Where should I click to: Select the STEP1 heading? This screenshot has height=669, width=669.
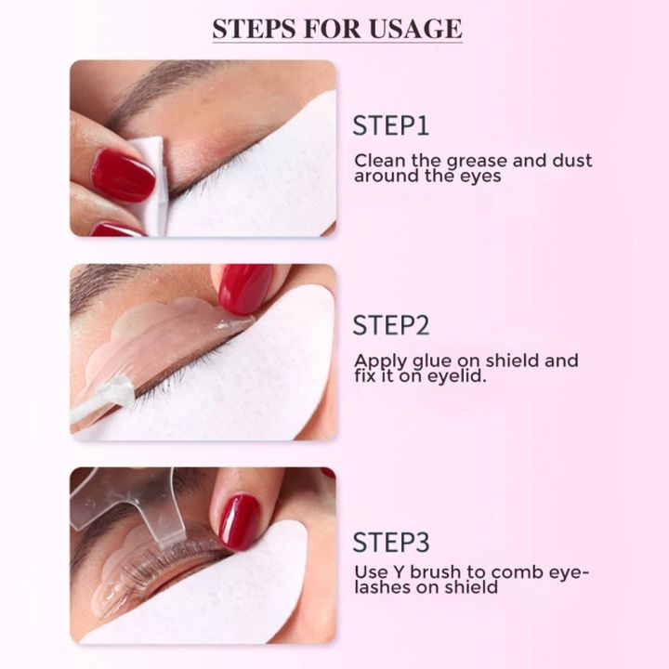(x=390, y=126)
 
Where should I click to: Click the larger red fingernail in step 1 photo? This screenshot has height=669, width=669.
(x=123, y=176)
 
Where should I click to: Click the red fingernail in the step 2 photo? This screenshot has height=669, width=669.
(x=246, y=287)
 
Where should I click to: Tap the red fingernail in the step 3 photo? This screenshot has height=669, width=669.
(x=239, y=521)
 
